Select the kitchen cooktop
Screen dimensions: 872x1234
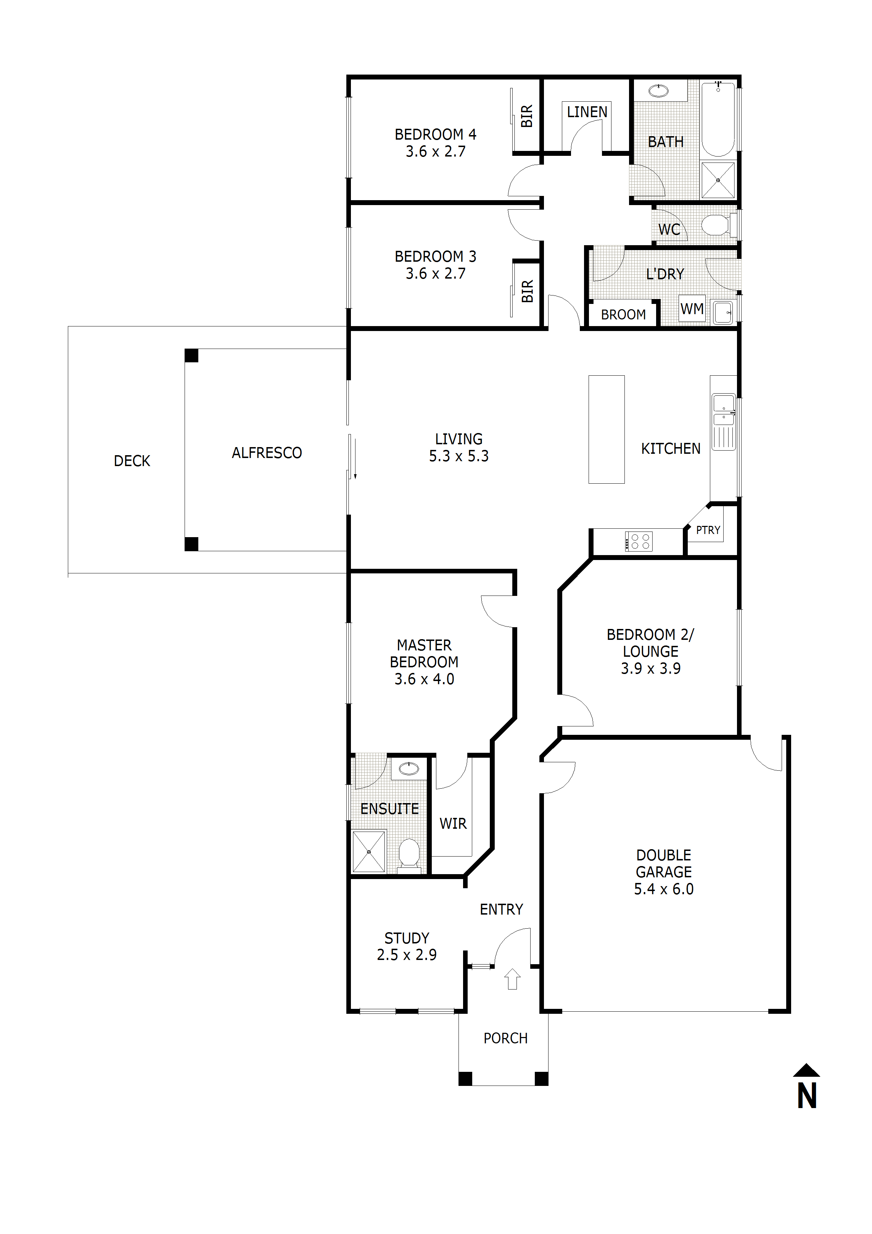pyautogui.click(x=639, y=541)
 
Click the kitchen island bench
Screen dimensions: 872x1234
pyautogui.click(x=607, y=430)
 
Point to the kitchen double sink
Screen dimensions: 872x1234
pyautogui.click(x=724, y=422)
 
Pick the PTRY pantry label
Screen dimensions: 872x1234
pyautogui.click(x=708, y=530)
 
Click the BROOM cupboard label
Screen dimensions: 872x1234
pyautogui.click(x=623, y=314)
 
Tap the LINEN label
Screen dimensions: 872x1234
pyautogui.click(x=587, y=112)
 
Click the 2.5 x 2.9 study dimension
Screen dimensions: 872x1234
pyautogui.click(x=407, y=955)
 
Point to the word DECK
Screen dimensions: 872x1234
pyautogui.click(x=132, y=461)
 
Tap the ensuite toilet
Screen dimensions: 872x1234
pyautogui.click(x=409, y=854)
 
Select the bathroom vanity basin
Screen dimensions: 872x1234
pyautogui.click(x=658, y=90)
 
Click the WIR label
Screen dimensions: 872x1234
pyautogui.click(x=453, y=823)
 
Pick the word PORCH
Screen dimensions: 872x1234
pyautogui.click(x=506, y=1038)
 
